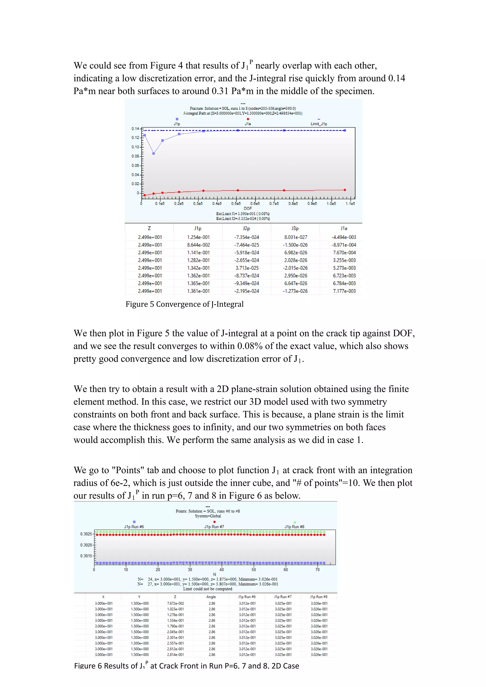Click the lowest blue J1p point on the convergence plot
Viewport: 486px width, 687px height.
[x=154, y=153]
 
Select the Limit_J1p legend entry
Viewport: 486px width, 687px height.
[x=319, y=124]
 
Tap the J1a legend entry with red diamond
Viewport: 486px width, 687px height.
[x=248, y=124]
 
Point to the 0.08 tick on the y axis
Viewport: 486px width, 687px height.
[x=136, y=156]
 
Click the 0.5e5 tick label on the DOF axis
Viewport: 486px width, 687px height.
[x=236, y=204]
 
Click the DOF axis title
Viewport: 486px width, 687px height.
[x=248, y=208]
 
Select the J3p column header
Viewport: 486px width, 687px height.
[x=295, y=228]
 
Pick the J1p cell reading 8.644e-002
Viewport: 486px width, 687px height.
[x=198, y=245]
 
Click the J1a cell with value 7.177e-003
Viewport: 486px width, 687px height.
[x=344, y=291]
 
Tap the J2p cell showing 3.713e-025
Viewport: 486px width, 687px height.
[x=247, y=268]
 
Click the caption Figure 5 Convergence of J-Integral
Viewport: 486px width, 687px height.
[x=184, y=304]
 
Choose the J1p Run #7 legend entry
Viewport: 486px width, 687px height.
[x=214, y=527]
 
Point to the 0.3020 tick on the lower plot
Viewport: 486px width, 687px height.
[x=86, y=545]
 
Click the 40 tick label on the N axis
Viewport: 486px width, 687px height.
[x=221, y=569]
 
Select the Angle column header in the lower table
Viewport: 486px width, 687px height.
[x=211, y=597]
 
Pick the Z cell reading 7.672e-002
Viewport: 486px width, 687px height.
[x=175, y=603]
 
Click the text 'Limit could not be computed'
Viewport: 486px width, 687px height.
[x=207, y=589]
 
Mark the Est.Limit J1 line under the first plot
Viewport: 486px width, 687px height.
[x=243, y=214]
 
